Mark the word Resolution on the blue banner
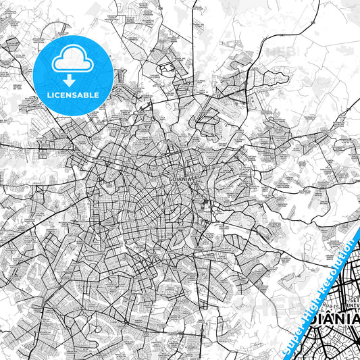click(x=338, y=267)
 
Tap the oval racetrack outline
click(x=165, y=70)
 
